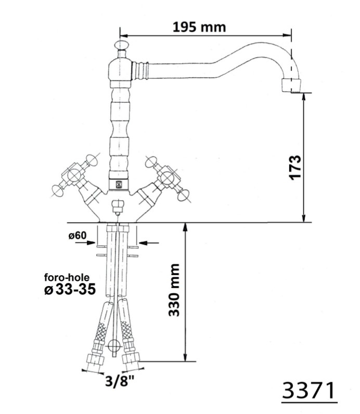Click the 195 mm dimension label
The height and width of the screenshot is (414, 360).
[x=199, y=27]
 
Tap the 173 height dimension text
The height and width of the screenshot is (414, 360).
[x=295, y=167]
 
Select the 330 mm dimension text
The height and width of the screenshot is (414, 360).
[x=174, y=290]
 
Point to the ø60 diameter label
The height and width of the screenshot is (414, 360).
[x=78, y=235]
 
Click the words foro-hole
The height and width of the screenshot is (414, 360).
[x=67, y=277]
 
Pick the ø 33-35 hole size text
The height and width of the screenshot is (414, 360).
[x=70, y=289]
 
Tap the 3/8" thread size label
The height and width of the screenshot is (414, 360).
[x=120, y=381]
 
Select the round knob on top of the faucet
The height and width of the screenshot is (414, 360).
[x=121, y=45]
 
